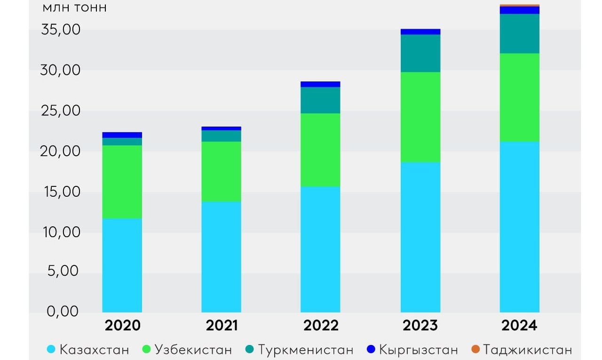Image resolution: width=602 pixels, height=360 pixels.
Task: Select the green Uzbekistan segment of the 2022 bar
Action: pos(320,150)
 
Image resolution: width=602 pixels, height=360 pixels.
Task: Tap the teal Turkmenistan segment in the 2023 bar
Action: pos(420,53)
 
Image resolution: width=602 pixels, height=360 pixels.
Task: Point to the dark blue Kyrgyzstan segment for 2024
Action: pos(520,10)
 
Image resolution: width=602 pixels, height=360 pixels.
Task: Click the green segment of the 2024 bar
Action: pos(520,97)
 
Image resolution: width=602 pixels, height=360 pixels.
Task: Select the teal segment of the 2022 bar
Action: pos(320,100)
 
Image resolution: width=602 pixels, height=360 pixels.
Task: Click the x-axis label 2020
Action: pos(122,326)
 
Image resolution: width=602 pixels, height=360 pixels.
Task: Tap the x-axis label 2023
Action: pos(420,326)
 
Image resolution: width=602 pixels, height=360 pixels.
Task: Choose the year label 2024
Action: pos(519,326)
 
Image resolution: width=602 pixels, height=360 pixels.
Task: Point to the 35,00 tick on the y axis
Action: pos(61,30)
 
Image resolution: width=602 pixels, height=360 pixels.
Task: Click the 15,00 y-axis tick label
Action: pos(61,192)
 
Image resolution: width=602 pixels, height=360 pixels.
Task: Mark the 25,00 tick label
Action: pos(61,111)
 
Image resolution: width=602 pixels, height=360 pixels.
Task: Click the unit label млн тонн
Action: pos(74,8)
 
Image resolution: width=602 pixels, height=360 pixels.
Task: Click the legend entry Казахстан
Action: pos(94,350)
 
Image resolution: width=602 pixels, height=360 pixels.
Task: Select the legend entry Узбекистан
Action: pos(193,350)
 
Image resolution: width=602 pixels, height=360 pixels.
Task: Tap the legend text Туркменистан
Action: pos(305,350)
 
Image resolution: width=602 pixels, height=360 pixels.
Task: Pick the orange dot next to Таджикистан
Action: pos(475,350)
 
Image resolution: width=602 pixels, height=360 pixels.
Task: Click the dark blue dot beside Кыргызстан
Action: pos(371,350)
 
